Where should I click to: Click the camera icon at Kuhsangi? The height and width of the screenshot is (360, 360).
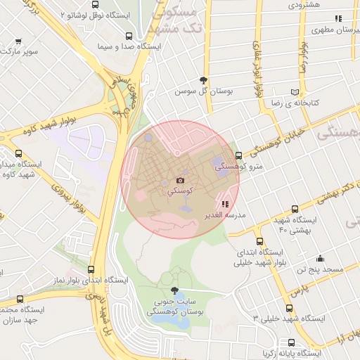coord(180,181)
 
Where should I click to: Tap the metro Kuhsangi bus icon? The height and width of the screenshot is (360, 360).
coord(238,156)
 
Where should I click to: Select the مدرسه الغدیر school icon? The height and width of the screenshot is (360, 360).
coord(225,204)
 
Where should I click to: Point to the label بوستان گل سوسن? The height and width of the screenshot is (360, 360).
coord(204,91)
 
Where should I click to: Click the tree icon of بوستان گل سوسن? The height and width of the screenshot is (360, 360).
coord(204,79)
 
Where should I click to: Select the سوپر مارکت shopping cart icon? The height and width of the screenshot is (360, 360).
coord(18,41)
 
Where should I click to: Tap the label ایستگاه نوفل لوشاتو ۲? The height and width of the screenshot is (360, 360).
coord(98,14)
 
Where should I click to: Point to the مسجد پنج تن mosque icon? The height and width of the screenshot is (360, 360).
coord(320,258)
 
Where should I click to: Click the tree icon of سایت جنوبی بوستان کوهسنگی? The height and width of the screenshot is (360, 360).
coord(174,290)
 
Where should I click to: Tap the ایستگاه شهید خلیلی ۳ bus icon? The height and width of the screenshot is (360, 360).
coord(290,308)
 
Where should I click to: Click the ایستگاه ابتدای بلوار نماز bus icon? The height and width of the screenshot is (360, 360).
coord(91,269)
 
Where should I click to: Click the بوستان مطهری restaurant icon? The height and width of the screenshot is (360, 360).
coord(337,18)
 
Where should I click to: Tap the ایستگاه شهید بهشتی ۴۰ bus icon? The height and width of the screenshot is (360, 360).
coord(294,209)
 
